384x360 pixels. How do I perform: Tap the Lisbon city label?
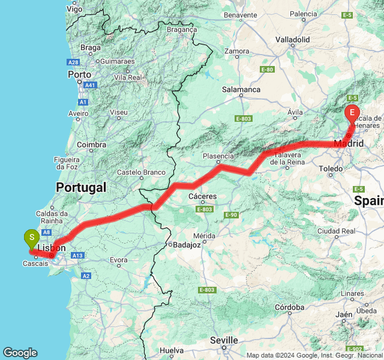[x=52, y=248]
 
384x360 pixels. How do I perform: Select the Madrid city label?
[x=349, y=143]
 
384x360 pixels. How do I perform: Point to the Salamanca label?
[x=241, y=89]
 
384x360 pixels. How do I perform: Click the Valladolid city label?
[x=292, y=40]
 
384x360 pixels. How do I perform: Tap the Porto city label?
[x=79, y=75]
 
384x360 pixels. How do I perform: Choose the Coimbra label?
[x=91, y=145]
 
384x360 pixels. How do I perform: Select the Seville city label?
[x=224, y=340]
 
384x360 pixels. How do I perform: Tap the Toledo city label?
[x=331, y=169]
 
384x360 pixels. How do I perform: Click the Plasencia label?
[x=218, y=155]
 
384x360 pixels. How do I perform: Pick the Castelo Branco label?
[x=141, y=172]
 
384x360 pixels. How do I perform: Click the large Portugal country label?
[x=81, y=187]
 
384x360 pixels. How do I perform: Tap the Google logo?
[x=20, y=353]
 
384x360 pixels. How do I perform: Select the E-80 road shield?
[x=268, y=70]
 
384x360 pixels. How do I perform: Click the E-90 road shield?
[x=232, y=215]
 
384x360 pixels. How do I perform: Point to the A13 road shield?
[x=76, y=255]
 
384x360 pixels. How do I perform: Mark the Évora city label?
[x=119, y=260]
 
